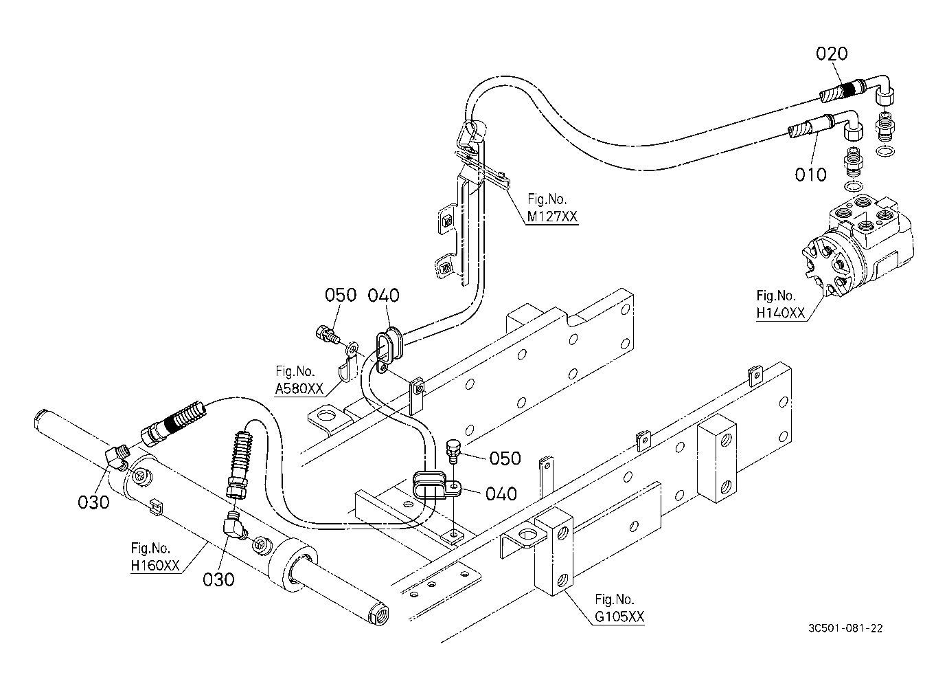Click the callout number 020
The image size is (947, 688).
coord(832,54)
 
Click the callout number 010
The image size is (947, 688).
coord(810,175)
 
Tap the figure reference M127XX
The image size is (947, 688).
coord(552,217)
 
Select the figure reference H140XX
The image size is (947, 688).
coord(780,313)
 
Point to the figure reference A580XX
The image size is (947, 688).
coord(299,388)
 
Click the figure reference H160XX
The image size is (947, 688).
coord(155,565)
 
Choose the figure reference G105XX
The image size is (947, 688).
coord(619,617)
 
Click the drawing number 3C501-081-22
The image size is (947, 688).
coord(845,628)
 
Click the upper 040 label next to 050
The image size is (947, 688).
coord(383,296)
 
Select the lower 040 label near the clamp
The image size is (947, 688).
coord(501,493)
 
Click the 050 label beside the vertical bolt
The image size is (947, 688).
coord(505,458)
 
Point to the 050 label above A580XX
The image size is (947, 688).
coord(341,295)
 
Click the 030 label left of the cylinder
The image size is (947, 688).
coord(93,502)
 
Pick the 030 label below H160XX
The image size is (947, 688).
coord(218,579)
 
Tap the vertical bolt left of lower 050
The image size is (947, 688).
coord(452,452)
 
